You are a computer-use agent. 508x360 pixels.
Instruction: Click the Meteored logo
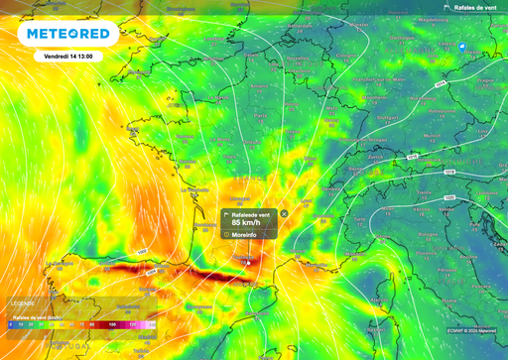[x=67, y=35]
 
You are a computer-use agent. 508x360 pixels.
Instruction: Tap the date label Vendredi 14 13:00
[x=68, y=57]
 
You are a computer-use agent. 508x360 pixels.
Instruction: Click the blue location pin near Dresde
[x=462, y=46]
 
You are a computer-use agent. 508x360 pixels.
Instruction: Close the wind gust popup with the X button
[x=284, y=213]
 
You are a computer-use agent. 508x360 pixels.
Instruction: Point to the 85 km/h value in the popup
[x=247, y=222]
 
